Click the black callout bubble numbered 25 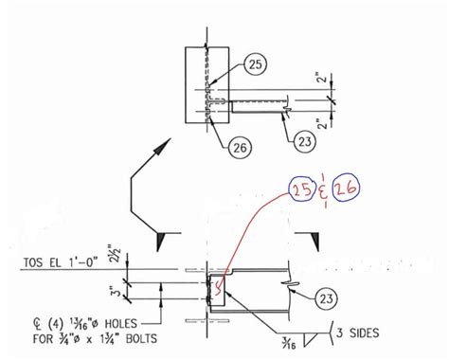[255, 64]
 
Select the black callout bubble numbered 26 [241, 147]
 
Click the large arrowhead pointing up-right [162, 146]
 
